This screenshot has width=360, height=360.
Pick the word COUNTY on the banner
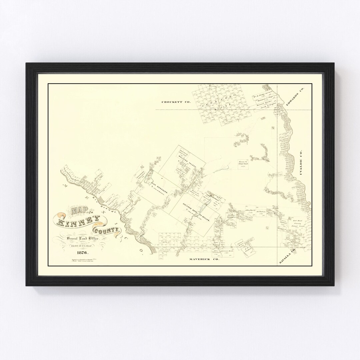[103, 230]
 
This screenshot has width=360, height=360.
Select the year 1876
[82, 252]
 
